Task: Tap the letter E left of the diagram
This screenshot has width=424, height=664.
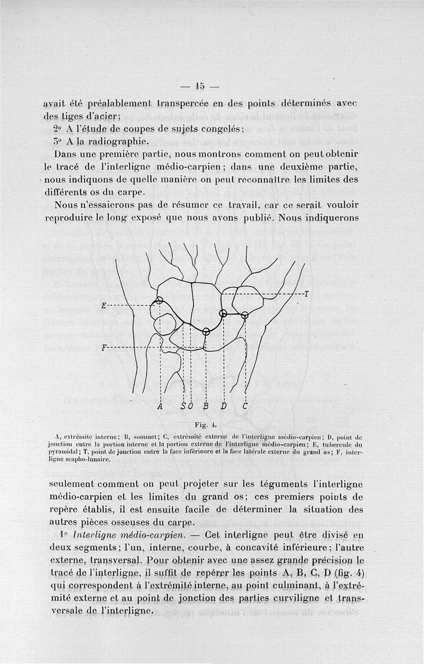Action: (x=104, y=306)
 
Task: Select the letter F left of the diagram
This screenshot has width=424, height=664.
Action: (x=104, y=348)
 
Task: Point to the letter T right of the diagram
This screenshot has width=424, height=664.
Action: (x=306, y=294)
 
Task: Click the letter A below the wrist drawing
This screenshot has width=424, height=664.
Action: (x=160, y=406)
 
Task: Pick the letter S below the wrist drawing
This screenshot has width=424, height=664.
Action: (x=183, y=406)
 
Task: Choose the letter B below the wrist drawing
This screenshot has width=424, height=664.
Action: (x=206, y=406)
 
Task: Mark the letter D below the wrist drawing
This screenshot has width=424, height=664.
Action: (x=224, y=406)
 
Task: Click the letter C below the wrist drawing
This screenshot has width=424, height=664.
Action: (x=245, y=406)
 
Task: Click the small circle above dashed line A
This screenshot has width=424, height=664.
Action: (x=160, y=301)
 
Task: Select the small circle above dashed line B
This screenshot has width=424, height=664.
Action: (x=206, y=332)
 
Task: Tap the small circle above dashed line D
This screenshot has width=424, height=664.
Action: (x=223, y=313)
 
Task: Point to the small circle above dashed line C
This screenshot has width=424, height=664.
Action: (x=244, y=315)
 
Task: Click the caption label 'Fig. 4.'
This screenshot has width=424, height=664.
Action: (x=204, y=424)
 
